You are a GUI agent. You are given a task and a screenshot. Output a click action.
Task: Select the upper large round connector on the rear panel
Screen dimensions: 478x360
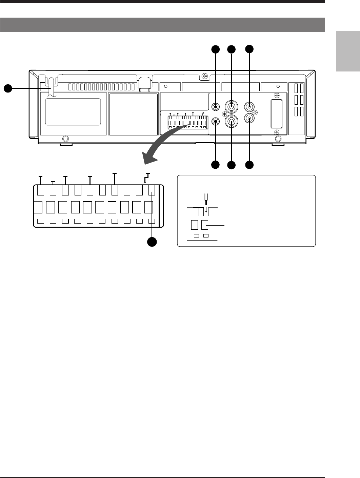click(x=231, y=107)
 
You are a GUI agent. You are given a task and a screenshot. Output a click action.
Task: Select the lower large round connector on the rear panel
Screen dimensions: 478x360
click(x=231, y=121)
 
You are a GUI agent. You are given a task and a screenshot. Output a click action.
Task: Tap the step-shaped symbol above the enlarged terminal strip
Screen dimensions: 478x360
click(x=146, y=178)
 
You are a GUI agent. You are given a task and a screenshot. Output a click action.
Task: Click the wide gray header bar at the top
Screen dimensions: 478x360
click(x=163, y=25)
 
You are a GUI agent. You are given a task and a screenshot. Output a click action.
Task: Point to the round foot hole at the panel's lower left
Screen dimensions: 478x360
click(x=66, y=139)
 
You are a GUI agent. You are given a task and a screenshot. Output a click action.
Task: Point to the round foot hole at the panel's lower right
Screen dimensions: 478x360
click(x=278, y=139)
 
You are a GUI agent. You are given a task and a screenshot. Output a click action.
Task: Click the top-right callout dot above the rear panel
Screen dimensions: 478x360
click(x=249, y=49)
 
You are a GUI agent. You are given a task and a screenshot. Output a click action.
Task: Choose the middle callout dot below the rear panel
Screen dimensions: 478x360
click(x=232, y=165)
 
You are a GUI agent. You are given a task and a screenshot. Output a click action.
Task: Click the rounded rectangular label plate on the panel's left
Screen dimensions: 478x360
click(x=73, y=112)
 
